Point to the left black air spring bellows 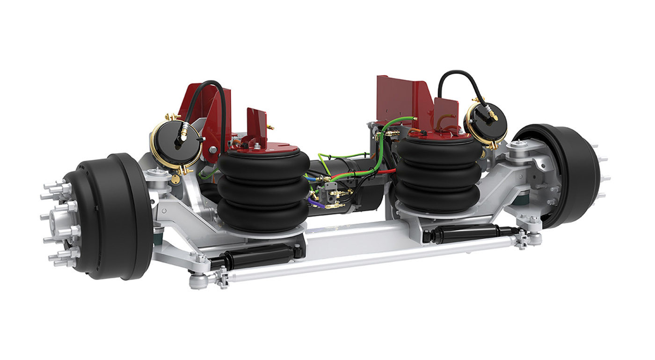point(263,192)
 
